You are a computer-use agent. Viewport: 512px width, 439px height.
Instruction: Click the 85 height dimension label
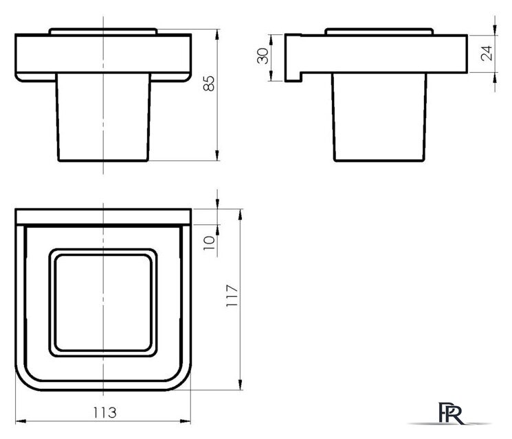pos(209,83)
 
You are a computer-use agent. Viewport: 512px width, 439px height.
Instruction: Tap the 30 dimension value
pos(263,56)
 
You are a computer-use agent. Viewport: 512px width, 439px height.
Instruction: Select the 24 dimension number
pos(487,53)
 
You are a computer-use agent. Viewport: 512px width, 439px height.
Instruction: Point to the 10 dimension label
pos(209,243)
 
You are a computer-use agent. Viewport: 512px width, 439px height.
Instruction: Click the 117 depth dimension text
pos(232,295)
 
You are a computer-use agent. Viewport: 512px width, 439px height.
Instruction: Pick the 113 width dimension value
pos(104,413)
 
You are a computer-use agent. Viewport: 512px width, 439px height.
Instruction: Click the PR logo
pos(451,413)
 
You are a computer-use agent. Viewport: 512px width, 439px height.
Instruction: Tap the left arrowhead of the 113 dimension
pos(21,421)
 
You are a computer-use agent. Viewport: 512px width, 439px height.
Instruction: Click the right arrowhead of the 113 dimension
pos(186,421)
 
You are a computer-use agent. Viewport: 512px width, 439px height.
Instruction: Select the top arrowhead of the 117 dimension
pos(241,214)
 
